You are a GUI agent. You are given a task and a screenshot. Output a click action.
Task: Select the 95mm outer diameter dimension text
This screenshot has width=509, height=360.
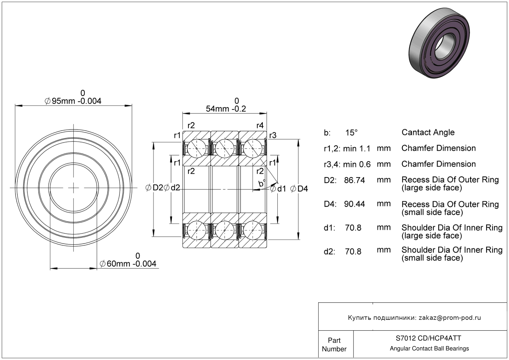[73, 101]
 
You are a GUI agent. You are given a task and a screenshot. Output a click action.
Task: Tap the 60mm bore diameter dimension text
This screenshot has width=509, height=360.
[128, 264]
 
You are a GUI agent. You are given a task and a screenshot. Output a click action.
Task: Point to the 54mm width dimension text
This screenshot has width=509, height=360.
[226, 109]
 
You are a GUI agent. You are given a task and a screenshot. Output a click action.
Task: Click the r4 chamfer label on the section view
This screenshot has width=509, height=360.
[260, 125]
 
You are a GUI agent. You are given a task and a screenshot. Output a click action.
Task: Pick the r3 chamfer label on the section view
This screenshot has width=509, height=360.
[272, 135]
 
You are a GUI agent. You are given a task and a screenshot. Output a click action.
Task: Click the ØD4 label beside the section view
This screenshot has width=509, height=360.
[299, 188]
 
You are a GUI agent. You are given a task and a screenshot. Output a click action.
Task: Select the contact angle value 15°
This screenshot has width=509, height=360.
[351, 133]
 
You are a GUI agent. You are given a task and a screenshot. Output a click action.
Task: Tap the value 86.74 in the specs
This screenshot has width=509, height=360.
[354, 180]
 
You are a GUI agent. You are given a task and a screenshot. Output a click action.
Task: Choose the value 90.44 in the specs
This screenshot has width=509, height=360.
[354, 204]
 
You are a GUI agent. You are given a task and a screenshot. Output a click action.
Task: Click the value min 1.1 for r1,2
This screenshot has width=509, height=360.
[357, 149]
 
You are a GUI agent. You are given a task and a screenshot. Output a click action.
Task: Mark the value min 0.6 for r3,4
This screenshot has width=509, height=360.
[357, 164]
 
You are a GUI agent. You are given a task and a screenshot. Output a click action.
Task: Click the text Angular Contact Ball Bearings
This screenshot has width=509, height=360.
[429, 349]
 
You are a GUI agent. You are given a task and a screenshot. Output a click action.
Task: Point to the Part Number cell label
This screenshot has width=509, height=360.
[334, 345]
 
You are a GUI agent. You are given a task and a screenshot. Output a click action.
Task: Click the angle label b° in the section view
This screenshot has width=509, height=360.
[262, 184]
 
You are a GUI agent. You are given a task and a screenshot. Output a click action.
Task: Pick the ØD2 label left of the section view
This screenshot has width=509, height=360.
[154, 188]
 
